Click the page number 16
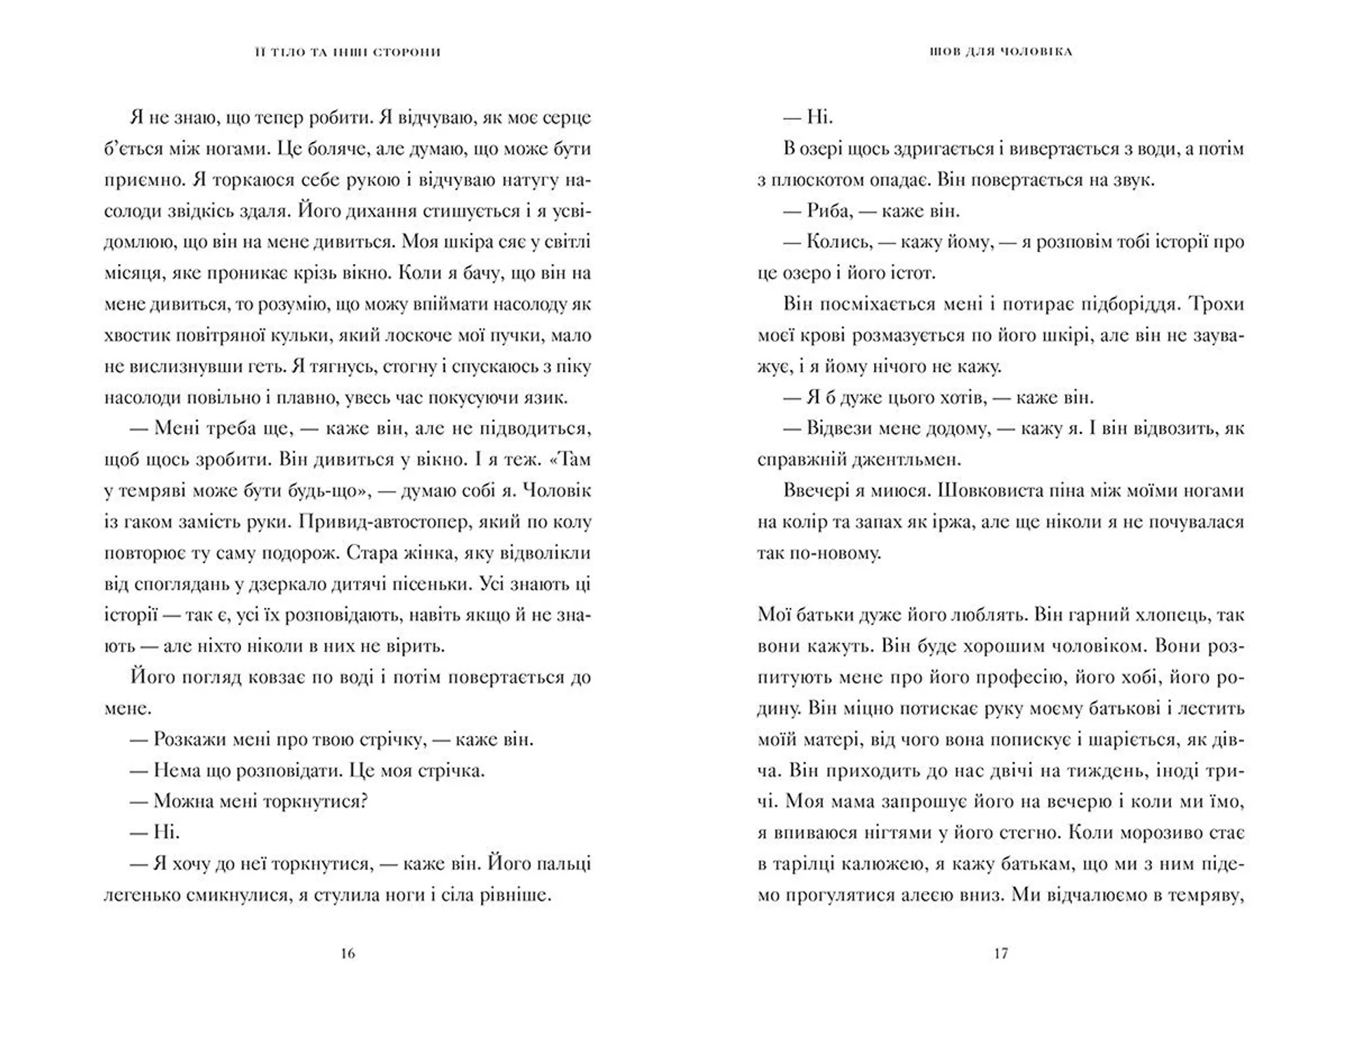(348, 953)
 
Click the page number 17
(1000, 953)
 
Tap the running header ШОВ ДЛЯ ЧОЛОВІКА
(1000, 52)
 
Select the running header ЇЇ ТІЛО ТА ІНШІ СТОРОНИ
(348, 52)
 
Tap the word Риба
(829, 211)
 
